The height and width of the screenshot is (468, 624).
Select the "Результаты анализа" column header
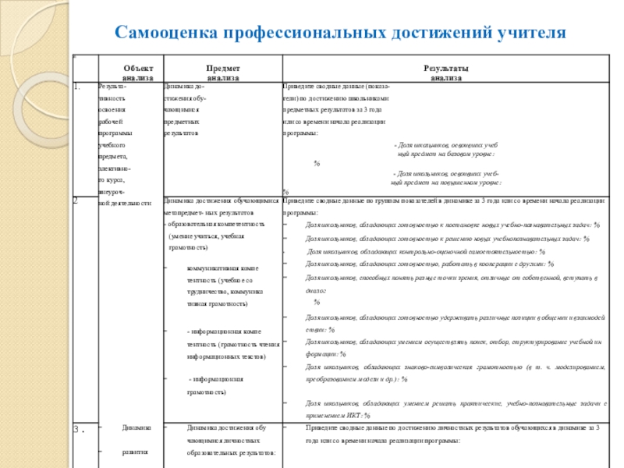(446, 73)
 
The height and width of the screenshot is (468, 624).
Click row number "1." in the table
(77, 87)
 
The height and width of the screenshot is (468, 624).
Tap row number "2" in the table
(76, 200)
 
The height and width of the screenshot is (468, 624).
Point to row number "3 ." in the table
(79, 430)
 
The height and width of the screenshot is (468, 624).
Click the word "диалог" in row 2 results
(314, 289)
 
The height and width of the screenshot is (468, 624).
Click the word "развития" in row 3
(137, 452)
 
